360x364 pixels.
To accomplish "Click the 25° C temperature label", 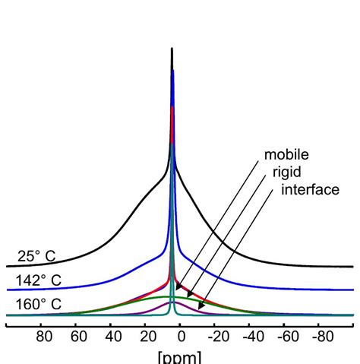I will (46, 256).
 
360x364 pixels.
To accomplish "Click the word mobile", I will (286, 156).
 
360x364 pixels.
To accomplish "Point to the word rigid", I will (286, 173).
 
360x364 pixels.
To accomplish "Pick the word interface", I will (310, 189).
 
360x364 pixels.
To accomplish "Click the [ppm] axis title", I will (179, 356).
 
